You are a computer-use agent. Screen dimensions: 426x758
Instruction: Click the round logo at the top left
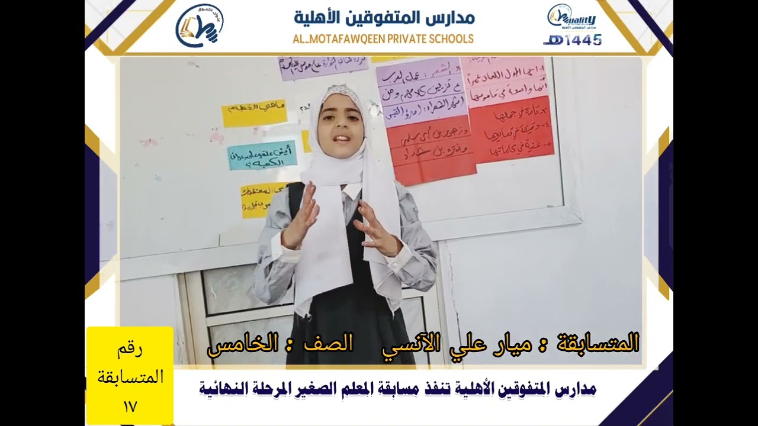click(200, 25)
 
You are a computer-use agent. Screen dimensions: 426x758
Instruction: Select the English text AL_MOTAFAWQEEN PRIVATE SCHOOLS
click(383, 39)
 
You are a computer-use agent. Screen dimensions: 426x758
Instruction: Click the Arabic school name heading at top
click(384, 17)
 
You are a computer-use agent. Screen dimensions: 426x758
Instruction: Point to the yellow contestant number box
click(130, 375)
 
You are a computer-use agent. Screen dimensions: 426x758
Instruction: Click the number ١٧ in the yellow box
click(130, 407)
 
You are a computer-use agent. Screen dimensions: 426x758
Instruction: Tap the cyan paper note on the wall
click(262, 156)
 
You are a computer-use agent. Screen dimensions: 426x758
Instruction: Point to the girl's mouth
click(342, 140)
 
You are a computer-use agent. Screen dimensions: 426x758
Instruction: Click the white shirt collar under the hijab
click(351, 190)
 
